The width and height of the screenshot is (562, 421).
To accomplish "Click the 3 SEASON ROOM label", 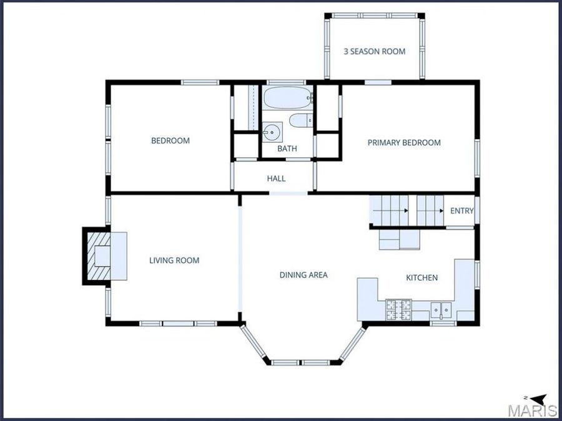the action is tap(375, 52).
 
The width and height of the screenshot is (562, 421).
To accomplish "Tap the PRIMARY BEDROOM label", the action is tap(404, 142).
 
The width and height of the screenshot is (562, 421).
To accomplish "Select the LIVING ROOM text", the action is tap(174, 260).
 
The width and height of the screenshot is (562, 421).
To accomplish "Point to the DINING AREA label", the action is tap(303, 275).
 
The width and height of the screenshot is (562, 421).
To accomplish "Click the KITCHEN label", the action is tap(422, 278).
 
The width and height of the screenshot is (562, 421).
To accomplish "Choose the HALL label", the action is tap(277, 178).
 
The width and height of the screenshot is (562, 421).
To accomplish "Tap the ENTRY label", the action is tap(462, 211).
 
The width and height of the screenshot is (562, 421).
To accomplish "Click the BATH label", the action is tap(287, 148).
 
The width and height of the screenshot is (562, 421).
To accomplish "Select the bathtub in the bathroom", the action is tap(288, 97).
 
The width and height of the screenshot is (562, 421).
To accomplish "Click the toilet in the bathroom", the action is tap(301, 120).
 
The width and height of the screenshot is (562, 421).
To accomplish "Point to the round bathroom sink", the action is tap(272, 132).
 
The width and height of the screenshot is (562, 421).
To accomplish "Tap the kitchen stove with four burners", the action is tap(398, 309).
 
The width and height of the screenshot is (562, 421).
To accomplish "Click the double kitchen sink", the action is tap(441, 309).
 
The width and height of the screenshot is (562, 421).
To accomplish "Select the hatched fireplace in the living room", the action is tap(99, 256).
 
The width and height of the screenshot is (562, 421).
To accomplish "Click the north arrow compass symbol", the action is tap(536, 399).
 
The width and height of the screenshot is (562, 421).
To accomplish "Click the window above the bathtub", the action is tap(286, 82).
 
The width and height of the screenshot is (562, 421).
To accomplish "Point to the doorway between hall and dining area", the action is tap(288, 193).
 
